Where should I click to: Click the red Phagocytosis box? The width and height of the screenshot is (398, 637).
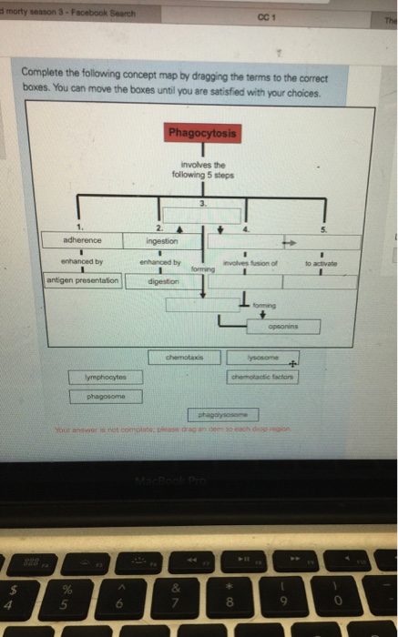click(203, 134)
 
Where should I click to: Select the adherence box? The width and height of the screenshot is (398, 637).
click(82, 240)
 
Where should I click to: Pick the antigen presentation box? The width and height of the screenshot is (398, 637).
click(83, 281)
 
